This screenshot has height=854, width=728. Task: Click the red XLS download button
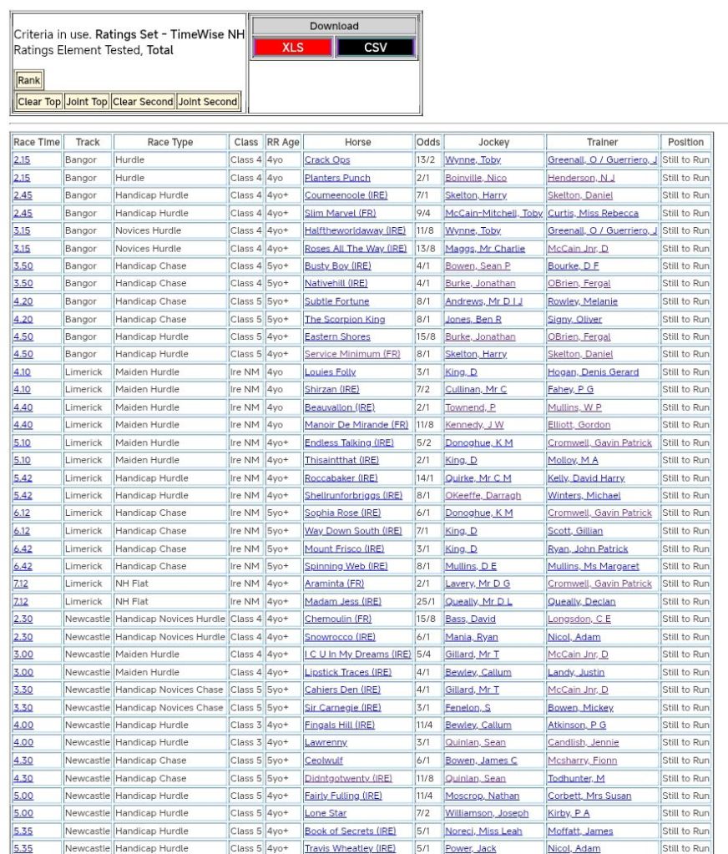(x=293, y=48)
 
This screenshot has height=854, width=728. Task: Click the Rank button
(x=28, y=81)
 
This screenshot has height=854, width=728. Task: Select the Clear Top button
(x=39, y=102)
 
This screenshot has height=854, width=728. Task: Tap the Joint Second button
(x=208, y=102)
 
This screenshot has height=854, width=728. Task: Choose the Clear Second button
(x=143, y=102)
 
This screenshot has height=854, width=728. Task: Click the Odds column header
(x=428, y=142)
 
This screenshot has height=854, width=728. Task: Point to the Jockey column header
(x=493, y=142)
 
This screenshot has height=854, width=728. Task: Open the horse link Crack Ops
(x=327, y=160)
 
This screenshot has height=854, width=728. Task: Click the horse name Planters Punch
(x=337, y=178)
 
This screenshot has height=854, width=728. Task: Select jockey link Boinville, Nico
(x=476, y=178)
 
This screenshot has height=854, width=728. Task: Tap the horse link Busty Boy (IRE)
(x=337, y=266)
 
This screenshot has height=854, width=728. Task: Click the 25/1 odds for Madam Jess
(x=428, y=602)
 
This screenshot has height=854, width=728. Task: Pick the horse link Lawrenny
(x=326, y=743)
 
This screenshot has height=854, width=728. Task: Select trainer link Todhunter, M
(x=576, y=778)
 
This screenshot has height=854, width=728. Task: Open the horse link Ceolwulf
(x=324, y=761)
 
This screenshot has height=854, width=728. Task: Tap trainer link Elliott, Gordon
(x=579, y=425)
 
